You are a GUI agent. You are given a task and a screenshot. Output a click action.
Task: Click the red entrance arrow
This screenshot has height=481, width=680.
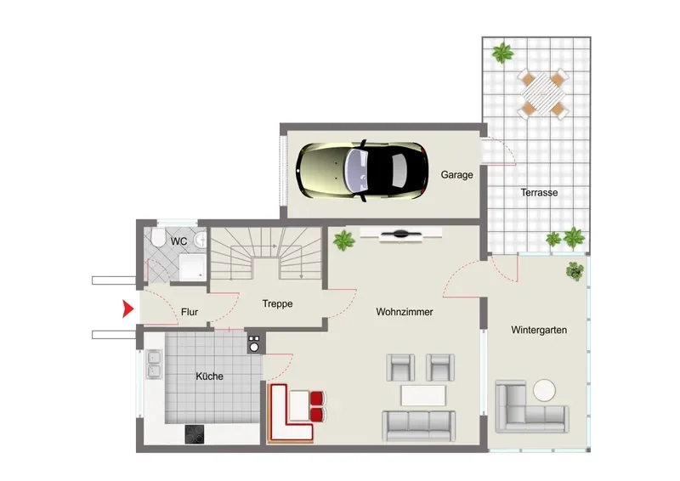128,308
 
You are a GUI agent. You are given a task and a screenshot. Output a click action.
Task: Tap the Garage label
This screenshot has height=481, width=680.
456,175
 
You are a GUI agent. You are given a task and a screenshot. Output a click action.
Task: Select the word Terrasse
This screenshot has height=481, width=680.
539,193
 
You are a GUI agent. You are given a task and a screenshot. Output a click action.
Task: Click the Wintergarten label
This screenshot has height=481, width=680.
539,330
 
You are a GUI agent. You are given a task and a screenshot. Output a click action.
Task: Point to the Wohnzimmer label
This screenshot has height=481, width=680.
405,312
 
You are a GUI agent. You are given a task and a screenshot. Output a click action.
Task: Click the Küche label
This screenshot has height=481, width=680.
209,376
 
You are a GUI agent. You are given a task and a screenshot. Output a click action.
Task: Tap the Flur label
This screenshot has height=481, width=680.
190,312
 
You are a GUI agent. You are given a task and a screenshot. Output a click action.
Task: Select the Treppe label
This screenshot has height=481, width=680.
278,303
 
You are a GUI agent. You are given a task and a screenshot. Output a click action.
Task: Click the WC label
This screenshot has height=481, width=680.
178,241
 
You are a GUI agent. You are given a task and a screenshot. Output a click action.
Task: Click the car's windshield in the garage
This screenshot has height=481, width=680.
356,171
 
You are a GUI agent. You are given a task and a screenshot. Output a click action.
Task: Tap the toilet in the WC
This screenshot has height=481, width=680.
158,238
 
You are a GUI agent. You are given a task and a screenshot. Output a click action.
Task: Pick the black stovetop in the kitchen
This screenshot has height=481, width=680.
195,434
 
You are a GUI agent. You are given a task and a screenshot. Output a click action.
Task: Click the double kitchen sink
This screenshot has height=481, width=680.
154,364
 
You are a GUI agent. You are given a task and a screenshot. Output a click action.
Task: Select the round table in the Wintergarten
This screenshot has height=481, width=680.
544,390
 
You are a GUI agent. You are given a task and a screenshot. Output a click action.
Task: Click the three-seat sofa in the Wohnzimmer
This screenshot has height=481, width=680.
419,426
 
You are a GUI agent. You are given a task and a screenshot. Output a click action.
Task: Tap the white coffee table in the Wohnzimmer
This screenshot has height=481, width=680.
423,395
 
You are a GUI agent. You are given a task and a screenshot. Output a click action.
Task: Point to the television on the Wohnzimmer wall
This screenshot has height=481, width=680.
400,235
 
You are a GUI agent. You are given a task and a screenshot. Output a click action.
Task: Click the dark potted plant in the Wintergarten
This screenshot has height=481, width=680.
575,271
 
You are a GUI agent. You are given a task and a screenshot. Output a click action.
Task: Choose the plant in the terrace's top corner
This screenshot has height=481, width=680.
503,53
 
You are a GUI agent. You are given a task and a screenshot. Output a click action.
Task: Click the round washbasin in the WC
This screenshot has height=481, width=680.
200,240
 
